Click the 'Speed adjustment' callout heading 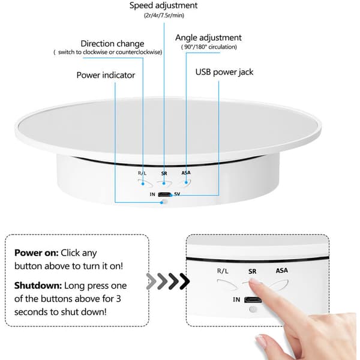(163, 5)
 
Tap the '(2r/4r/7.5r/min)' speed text (164, 16)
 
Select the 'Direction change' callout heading (112, 43)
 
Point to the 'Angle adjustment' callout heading (208, 38)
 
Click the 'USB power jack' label (224, 72)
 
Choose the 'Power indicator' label (106, 75)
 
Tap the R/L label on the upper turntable (142, 173)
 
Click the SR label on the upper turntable (164, 173)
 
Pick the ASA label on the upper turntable (186, 173)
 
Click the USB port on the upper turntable (164, 194)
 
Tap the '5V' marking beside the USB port (177, 194)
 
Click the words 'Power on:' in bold (36, 253)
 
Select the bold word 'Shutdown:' (38, 286)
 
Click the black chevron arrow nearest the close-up (184, 281)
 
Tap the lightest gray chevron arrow (151, 281)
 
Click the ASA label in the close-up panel (282, 271)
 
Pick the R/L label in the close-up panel (223, 271)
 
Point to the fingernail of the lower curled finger (261, 341)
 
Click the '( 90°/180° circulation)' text (209, 47)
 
